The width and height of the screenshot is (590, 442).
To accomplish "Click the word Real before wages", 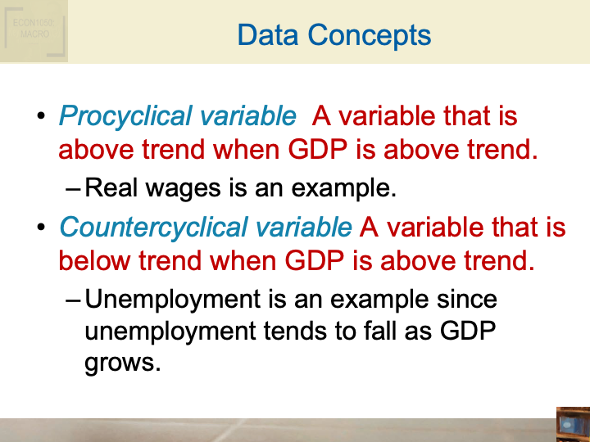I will tap(111, 189).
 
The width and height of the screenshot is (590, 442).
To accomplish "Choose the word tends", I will tap(299, 331).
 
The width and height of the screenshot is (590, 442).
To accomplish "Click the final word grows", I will tap(121, 363).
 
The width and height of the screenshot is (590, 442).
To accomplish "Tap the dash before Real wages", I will tap(72, 190).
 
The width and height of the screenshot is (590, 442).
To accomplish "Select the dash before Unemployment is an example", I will tap(72, 300).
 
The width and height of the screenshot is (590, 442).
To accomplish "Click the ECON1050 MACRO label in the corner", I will tap(33, 29).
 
